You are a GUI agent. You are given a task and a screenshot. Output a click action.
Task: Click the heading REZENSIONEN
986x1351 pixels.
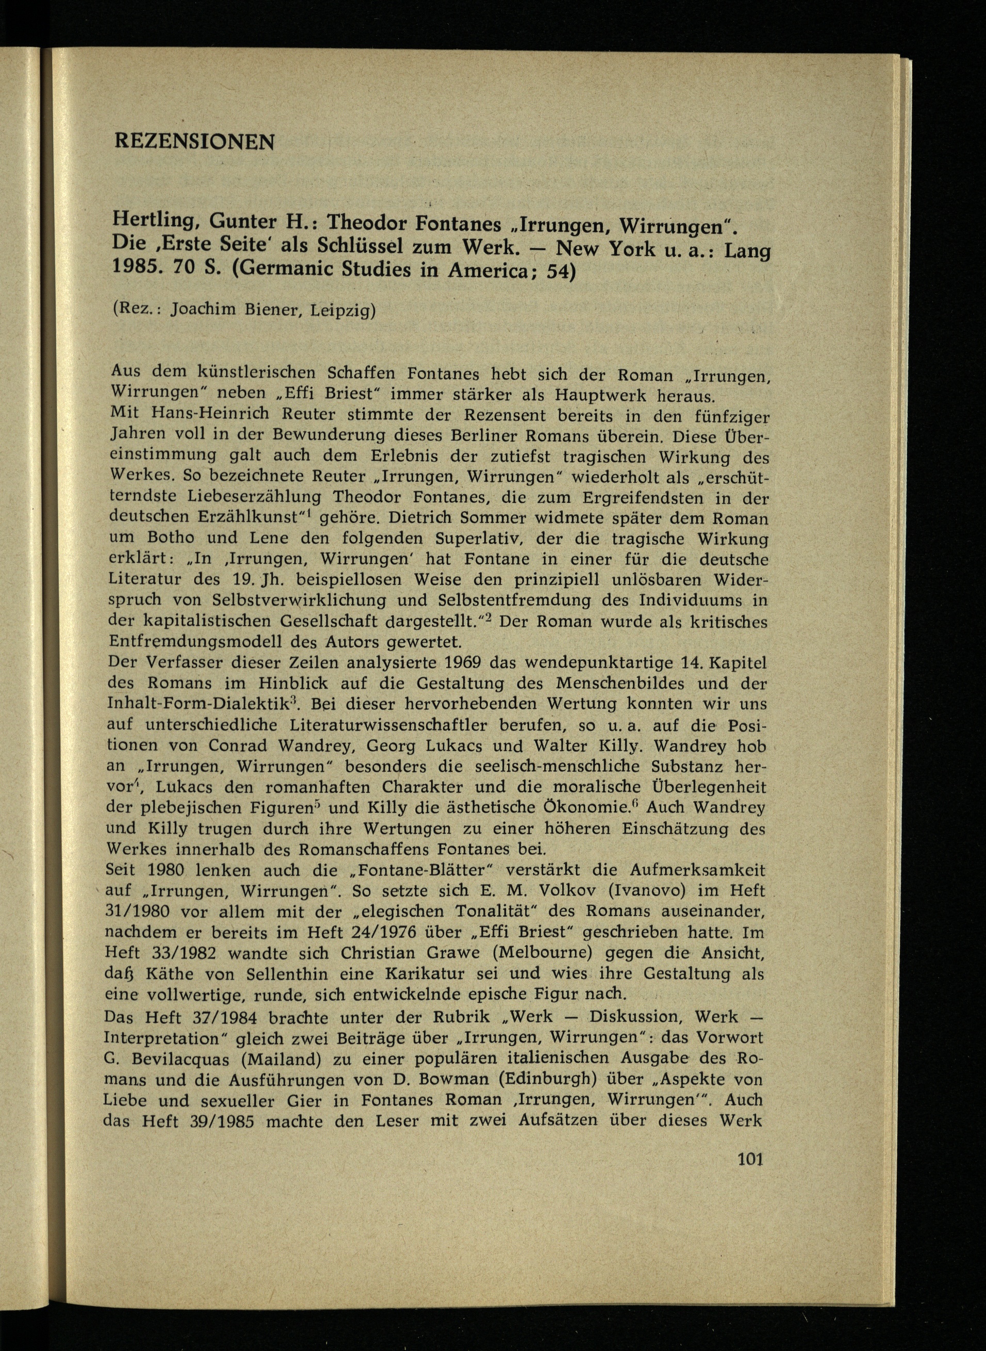194,142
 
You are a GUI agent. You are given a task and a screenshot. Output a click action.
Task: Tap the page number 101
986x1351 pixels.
750,1160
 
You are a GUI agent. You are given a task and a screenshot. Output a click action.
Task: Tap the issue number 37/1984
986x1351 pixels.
216,1016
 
